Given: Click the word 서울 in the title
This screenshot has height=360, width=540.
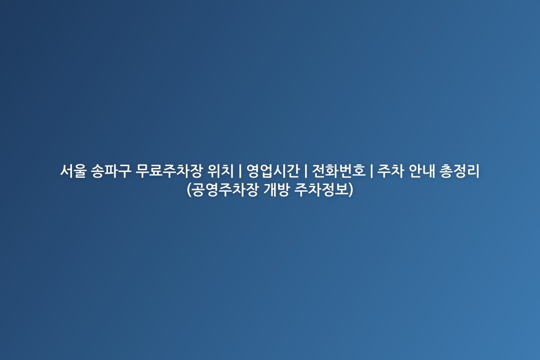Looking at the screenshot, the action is click(73, 171).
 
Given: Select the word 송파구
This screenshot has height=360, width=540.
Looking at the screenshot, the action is click(111, 171).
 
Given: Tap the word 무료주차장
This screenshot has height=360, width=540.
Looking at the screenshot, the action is click(168, 171).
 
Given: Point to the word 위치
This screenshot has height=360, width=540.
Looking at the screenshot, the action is click(220, 171).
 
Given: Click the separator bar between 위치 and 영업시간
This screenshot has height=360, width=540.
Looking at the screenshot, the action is click(240, 171).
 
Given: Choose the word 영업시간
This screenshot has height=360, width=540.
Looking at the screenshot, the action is click(273, 171).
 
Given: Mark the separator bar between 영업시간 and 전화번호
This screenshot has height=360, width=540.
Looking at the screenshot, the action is click(306, 171).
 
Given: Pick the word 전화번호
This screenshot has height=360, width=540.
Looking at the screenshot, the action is click(339, 171).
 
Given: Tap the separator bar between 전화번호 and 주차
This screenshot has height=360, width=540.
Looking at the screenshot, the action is click(371, 171).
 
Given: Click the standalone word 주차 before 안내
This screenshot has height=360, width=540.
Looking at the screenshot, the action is click(391, 171).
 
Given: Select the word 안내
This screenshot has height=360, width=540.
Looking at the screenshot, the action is click(422, 171).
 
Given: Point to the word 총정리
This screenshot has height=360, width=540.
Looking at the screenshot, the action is click(459, 171).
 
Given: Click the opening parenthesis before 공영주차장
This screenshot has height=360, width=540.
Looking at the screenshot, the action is click(189, 190).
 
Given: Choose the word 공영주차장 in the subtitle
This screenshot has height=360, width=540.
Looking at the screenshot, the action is click(225, 190).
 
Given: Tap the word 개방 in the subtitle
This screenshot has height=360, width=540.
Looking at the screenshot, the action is click(276, 190).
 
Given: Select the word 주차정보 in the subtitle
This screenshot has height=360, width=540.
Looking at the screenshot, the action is click(321, 190).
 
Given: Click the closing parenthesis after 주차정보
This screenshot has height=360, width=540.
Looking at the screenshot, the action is click(351, 190).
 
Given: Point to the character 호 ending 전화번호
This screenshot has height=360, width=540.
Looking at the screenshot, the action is click(359, 171).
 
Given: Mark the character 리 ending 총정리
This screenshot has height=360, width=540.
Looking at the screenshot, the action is click(473, 171).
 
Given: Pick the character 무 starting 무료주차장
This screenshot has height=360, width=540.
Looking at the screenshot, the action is click(142, 171).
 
